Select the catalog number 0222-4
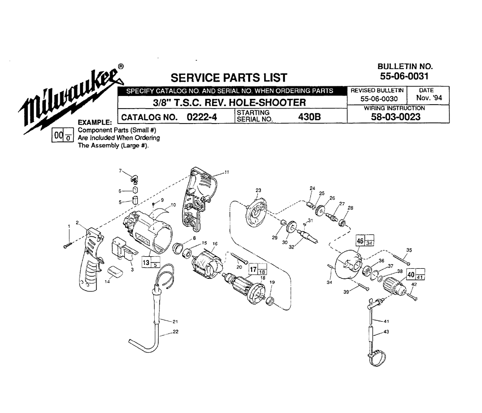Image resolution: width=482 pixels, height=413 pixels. click(202, 117)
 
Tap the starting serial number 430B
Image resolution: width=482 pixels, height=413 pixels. click(309, 117)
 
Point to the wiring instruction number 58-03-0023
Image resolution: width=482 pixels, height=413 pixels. click(396, 117)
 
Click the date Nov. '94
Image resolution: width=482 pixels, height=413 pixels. click(429, 98)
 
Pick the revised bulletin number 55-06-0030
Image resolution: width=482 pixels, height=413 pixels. click(379, 99)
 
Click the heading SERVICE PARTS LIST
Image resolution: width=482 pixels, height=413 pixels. click(228, 78)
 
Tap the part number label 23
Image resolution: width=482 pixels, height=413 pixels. click(258, 190)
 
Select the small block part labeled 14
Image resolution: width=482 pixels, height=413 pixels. click(115, 272)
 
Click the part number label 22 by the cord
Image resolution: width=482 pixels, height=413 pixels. click(175, 331)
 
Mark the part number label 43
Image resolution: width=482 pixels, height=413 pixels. click(387, 331)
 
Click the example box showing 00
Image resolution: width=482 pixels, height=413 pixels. click(62, 136)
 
